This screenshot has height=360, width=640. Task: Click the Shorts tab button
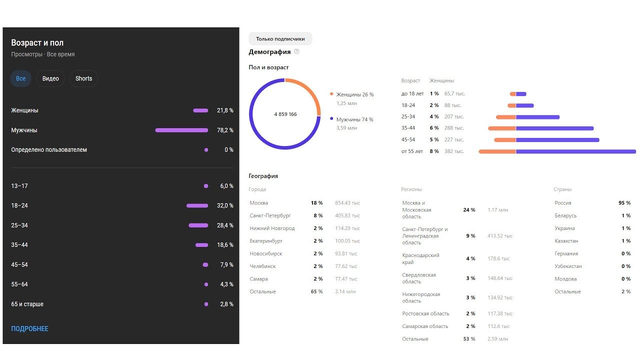(x=83, y=78)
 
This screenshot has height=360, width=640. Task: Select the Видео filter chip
(x=50, y=78)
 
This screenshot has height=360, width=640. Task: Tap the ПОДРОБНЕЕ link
(x=30, y=328)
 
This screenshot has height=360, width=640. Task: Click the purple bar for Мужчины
(x=181, y=130)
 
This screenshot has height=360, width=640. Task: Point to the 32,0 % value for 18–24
(x=225, y=205)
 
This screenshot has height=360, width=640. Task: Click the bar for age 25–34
(x=198, y=225)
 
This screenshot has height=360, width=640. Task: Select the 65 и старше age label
(x=27, y=304)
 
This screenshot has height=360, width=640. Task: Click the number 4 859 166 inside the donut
(x=285, y=114)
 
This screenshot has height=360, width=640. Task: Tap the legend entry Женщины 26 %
(x=354, y=94)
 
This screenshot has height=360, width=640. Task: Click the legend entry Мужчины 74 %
(x=354, y=119)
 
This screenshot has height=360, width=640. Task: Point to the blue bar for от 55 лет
(x=575, y=151)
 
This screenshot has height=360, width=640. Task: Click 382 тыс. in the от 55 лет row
(x=454, y=151)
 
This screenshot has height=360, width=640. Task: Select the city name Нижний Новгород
(x=272, y=228)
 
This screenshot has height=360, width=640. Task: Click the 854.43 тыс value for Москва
(x=347, y=203)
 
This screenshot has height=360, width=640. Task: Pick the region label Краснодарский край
(x=420, y=258)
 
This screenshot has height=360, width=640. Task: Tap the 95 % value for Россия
(x=624, y=203)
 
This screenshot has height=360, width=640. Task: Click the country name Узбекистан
(x=568, y=266)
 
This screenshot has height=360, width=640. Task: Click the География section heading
(x=263, y=176)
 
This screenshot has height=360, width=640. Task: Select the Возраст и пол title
(x=37, y=43)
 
